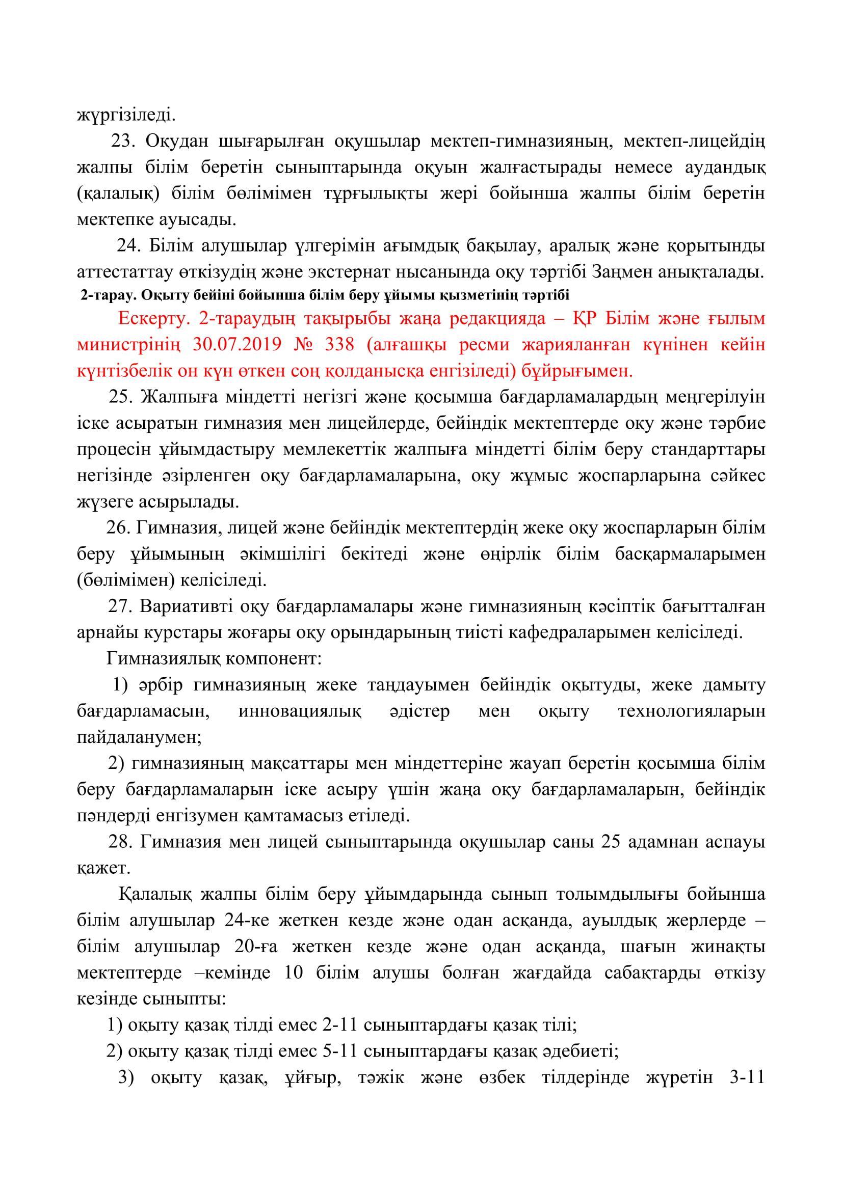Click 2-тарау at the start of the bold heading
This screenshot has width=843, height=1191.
99,296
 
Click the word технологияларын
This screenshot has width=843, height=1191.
692,711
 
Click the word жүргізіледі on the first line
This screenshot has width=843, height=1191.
126,115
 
